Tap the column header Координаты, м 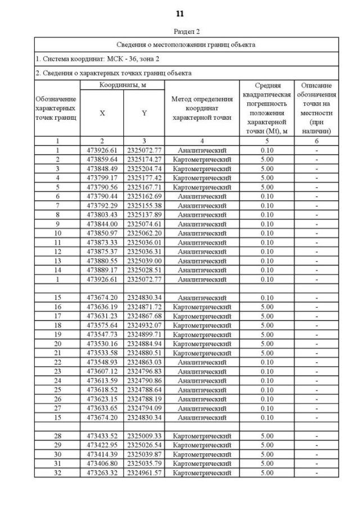coord(123,84)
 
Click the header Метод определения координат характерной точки coord(202,108)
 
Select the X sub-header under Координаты coord(102,113)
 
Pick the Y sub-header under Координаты coord(144,113)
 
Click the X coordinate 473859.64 coord(102,160)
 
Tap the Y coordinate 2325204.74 coord(144,169)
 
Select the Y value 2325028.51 coord(144,270)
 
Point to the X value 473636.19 coord(102,307)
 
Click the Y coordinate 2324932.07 coord(144,325)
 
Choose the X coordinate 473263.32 coord(102,473)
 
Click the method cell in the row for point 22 coord(202,362)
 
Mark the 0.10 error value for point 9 coord(267,224)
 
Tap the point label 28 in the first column coord(57,436)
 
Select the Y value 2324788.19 coord(144,399)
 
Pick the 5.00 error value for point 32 coord(267,473)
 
